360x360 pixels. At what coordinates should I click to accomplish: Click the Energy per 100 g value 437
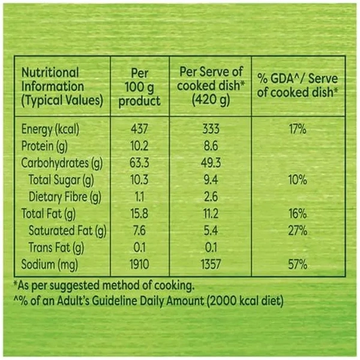click(140, 129)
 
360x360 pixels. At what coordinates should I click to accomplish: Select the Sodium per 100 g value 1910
click(140, 264)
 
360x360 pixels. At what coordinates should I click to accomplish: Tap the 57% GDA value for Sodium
click(298, 264)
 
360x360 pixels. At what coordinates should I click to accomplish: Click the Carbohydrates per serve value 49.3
click(210, 163)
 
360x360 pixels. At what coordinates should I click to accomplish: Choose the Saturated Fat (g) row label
click(67, 230)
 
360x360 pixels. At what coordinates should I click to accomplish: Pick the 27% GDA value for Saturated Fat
click(298, 230)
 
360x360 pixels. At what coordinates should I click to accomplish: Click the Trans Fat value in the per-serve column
click(210, 247)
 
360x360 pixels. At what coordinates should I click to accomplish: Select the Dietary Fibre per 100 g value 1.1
click(140, 196)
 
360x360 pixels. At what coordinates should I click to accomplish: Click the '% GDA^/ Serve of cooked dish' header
click(298, 85)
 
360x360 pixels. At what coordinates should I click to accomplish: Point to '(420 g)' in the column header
click(210, 100)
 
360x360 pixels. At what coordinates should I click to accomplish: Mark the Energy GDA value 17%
click(298, 129)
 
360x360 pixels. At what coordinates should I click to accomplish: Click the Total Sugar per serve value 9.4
click(210, 179)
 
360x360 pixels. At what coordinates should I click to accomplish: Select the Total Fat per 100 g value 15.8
click(140, 214)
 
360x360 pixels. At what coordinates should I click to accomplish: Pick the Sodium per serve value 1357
click(210, 264)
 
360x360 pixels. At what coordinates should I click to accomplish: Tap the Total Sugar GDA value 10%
click(298, 179)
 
